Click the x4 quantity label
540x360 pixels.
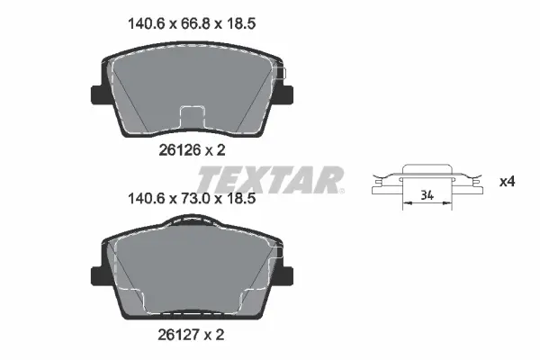point(507,182)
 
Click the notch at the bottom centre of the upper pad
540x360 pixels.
point(193,117)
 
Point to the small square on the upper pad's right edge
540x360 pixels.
point(280,72)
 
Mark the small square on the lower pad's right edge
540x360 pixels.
point(280,256)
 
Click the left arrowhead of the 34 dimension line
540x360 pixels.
point(404,202)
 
